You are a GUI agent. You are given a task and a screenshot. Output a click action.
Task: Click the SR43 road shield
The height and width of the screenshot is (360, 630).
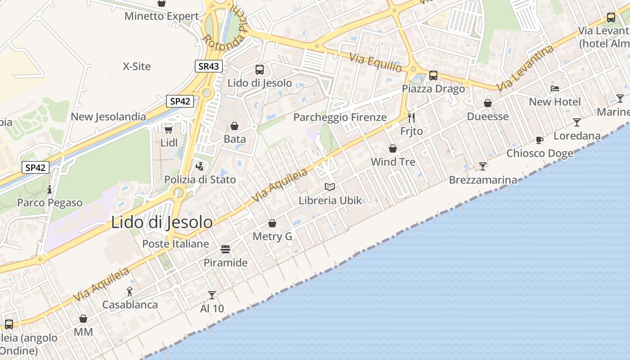[x=209, y=66]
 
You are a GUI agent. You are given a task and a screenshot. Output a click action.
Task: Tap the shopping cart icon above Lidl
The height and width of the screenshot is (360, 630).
[x=169, y=130]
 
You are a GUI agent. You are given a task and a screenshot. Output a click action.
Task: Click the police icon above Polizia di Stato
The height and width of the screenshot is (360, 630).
[x=200, y=166]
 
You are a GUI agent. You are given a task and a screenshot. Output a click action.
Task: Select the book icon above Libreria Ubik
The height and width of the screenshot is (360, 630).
[x=330, y=187]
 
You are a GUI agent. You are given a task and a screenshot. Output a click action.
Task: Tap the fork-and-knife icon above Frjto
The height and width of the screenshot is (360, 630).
[x=411, y=118]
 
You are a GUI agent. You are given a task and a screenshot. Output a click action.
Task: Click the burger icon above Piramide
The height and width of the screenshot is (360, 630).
[x=225, y=249]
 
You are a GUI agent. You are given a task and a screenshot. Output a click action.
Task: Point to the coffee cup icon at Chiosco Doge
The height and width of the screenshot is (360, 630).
[x=540, y=140]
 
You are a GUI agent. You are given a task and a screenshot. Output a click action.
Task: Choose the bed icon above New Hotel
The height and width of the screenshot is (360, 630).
[x=555, y=89]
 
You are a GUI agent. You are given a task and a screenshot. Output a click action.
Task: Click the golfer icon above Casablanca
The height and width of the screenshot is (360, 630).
[x=130, y=292]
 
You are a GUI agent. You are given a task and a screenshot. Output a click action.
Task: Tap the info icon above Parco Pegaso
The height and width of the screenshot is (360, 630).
[x=49, y=189]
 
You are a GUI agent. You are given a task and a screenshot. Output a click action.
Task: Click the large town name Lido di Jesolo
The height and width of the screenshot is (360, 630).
[x=162, y=222]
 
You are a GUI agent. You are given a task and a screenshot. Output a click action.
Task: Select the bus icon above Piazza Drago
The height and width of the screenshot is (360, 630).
[x=433, y=76]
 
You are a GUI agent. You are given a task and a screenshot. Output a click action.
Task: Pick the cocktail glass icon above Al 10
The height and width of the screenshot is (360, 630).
[x=212, y=295]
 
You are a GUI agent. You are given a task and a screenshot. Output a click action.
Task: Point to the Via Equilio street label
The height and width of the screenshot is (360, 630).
[x=376, y=62]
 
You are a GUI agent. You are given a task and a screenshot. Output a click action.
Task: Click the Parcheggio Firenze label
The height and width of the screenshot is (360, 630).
[x=340, y=117]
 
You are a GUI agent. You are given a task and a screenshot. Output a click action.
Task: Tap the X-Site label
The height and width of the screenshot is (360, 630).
[x=137, y=67]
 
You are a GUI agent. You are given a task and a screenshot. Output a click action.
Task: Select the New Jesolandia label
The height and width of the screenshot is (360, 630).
[x=108, y=117]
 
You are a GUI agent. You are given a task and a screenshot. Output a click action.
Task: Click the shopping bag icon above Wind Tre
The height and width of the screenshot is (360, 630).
[x=393, y=148]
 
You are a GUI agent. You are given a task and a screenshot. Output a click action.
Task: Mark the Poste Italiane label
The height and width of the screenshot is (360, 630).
[x=175, y=244]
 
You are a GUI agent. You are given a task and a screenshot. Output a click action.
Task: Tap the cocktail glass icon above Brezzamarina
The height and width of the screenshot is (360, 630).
[x=483, y=166]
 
